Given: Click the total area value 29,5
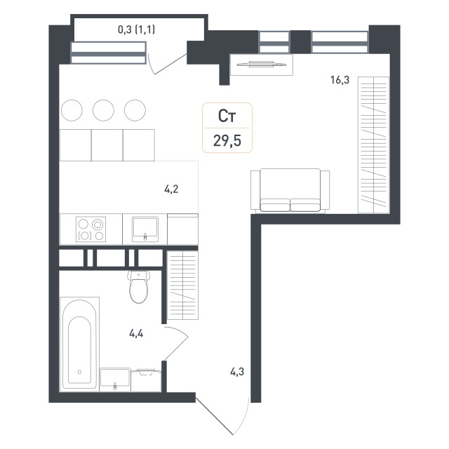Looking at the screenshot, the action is (x=227, y=141).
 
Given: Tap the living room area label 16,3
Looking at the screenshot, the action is (x=340, y=80).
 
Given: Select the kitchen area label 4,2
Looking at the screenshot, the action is (x=171, y=189).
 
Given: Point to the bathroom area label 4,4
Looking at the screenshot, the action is (x=136, y=333).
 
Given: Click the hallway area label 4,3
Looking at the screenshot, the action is (x=237, y=372).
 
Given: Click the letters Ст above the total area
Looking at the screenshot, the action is (x=227, y=116).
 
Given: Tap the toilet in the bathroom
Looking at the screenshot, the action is (x=139, y=287).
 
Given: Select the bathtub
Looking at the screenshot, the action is (x=79, y=344).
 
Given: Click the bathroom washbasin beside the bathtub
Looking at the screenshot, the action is (x=115, y=380).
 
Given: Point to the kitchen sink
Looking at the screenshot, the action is (x=145, y=229).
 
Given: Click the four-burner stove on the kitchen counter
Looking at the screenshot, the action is (x=91, y=229).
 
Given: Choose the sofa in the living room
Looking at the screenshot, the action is (x=290, y=191).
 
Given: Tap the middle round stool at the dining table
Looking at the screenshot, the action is (x=103, y=110).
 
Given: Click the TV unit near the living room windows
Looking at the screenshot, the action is (x=262, y=65).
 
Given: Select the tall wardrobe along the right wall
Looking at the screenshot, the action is (x=374, y=145).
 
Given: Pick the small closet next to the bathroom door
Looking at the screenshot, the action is (x=182, y=286).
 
